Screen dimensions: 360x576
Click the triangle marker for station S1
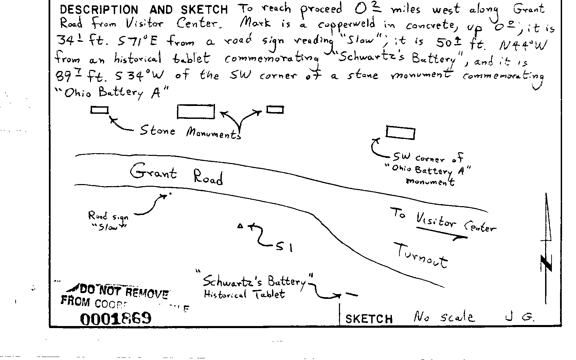tap(240, 226)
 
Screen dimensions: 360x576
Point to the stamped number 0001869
tap(115, 318)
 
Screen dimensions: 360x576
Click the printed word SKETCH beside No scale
tap(369, 319)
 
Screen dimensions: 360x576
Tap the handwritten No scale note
tap(443, 317)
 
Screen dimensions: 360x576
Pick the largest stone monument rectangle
tap(196, 112)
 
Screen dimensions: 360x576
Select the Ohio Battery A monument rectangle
tap(400, 133)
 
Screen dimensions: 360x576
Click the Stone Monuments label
tap(190, 132)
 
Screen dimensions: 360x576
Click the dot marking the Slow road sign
tap(170, 194)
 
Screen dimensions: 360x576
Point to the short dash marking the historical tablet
tap(352, 294)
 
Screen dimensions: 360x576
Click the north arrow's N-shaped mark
tap(546, 263)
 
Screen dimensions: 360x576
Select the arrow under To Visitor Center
tap(442, 233)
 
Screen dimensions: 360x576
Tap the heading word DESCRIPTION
tap(99, 10)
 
